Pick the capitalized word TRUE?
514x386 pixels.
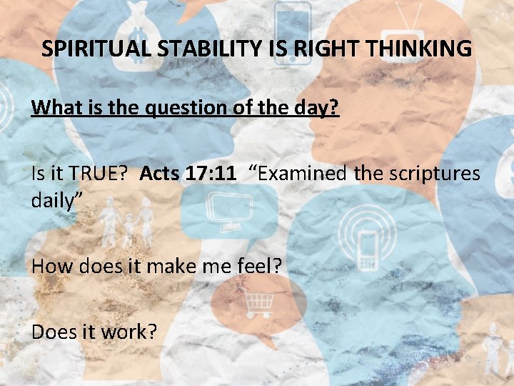[x=100, y=173]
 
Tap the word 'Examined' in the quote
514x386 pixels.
[x=298, y=173]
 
